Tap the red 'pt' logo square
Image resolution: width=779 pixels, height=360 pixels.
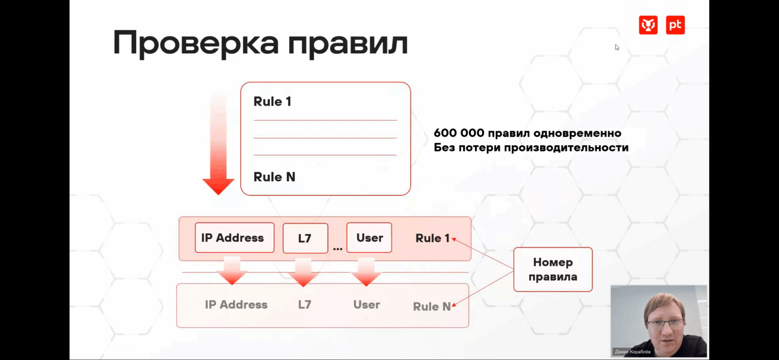[675, 25]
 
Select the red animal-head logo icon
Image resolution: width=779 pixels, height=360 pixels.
[648, 25]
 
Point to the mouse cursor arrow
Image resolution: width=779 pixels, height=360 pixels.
[617, 47]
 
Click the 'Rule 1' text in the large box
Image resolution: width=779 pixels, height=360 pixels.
[272, 102]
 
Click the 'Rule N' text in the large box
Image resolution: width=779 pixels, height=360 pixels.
[274, 177]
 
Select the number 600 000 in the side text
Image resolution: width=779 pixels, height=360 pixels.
[459, 133]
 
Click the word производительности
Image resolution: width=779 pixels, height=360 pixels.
[566, 148]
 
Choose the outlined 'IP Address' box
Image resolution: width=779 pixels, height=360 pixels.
[234, 238]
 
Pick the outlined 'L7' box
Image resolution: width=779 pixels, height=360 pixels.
[305, 238]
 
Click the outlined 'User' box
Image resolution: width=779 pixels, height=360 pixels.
[369, 238]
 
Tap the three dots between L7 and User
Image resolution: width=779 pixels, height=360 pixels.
[337, 249]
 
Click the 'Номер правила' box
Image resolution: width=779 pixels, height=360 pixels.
[553, 269]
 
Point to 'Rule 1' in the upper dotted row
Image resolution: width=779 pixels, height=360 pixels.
[432, 238]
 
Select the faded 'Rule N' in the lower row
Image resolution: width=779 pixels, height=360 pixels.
[431, 306]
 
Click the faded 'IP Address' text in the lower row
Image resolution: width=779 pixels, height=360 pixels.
[236, 305]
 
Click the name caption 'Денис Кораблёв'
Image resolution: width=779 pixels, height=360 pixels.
[633, 352]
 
